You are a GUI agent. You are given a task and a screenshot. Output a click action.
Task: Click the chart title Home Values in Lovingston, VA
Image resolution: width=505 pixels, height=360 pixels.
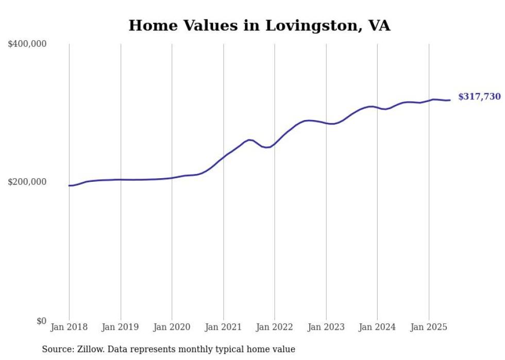coord(259,25)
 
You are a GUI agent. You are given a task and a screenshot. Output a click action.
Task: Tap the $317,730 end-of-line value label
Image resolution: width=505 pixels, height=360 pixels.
coord(479,96)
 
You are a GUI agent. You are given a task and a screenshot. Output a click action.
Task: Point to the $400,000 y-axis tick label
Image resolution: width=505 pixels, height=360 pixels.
coord(27,44)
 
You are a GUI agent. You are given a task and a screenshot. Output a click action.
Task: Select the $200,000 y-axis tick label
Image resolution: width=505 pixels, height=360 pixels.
coord(27,182)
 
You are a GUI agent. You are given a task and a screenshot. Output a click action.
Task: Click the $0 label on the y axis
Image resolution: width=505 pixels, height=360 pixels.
coord(41,321)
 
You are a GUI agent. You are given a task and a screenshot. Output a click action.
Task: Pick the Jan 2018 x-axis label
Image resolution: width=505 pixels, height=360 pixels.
coord(69,327)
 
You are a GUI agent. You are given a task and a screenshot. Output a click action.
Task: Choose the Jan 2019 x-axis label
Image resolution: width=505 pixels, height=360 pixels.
coord(121,327)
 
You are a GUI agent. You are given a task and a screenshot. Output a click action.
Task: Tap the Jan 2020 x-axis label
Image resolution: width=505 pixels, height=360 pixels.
coord(172,327)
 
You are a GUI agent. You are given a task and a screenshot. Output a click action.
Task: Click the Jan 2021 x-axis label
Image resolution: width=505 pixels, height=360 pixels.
coord(223,327)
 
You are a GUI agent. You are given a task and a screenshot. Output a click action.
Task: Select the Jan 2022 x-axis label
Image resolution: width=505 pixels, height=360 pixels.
coord(275,327)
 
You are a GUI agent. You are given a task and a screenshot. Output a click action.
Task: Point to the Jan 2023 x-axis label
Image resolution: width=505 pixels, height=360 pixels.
coord(326,327)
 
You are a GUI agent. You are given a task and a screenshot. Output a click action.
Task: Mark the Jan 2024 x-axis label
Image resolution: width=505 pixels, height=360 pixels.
coord(377,327)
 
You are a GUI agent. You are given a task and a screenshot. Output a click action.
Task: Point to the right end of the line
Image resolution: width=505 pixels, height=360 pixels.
coord(450,100)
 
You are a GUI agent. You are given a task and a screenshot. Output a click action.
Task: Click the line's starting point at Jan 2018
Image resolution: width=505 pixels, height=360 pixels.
coord(69,185)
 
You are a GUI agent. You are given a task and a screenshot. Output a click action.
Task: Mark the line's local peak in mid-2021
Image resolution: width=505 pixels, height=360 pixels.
coord(249,140)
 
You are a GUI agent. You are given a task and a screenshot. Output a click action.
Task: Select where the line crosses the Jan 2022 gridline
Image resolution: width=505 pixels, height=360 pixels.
coord(275,143)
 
